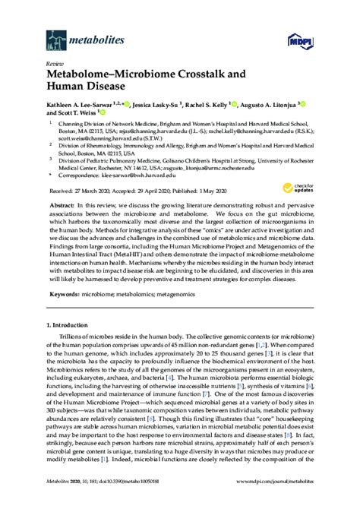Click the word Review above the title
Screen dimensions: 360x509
click(55, 65)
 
